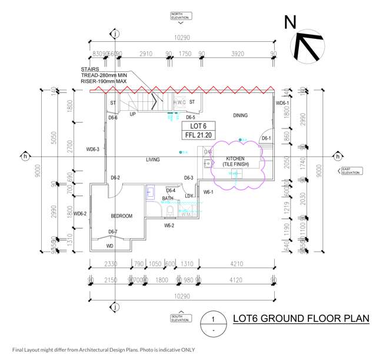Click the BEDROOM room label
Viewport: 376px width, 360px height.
coord(121,216)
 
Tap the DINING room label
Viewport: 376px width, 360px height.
coord(240,115)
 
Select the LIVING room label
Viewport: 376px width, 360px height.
coord(153,160)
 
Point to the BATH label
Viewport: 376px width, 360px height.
coord(168,199)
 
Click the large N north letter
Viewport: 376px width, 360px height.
coord(290,23)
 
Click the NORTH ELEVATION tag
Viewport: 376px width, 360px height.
coord(180,16)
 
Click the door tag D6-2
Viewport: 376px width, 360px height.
coord(115,178)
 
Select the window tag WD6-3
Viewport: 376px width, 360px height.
coord(92,150)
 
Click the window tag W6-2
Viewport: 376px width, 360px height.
coord(169,225)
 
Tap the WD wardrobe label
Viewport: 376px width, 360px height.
coord(110,246)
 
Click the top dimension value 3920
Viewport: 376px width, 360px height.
coord(237,54)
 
